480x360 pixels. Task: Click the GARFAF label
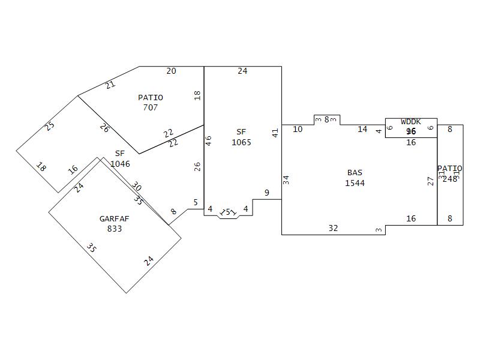114,219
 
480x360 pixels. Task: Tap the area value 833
114,229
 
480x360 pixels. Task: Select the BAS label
355,173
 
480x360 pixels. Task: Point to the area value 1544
355,183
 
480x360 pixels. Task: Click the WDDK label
411,122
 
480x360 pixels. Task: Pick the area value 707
150,107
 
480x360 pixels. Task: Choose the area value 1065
241,142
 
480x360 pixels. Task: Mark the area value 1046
120,163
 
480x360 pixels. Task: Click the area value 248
450,179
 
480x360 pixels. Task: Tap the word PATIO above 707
150,97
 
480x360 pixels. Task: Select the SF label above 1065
241,132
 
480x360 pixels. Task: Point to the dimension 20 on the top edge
171,71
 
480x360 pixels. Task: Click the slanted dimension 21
110,85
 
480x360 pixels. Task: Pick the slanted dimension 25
50,126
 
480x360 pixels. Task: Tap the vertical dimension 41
275,133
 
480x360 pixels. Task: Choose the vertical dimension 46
208,140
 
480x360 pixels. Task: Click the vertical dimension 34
286,179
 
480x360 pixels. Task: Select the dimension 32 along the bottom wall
333,228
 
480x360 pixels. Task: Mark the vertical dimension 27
430,181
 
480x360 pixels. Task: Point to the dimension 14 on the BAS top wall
362,129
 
